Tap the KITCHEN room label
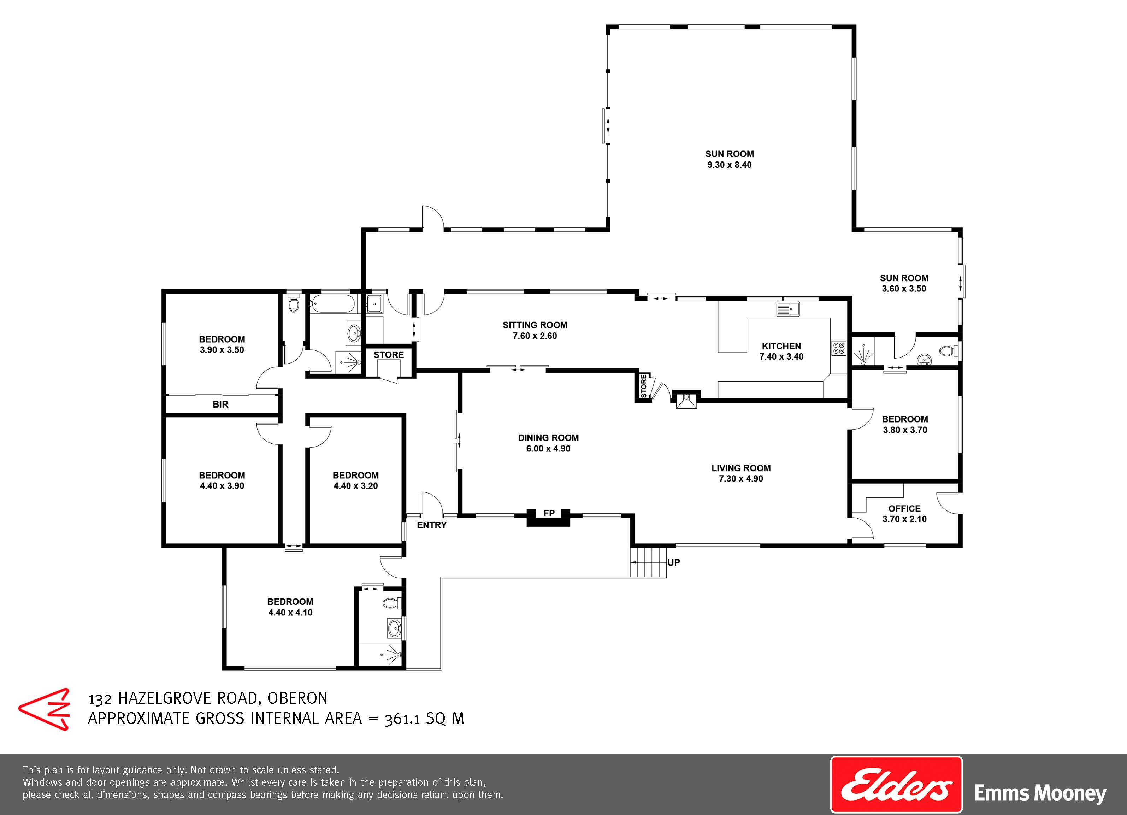(781, 346)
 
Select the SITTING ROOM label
(535, 325)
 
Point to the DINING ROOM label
(548, 438)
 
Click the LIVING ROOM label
(741, 468)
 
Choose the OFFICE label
(904, 508)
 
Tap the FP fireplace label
(549, 513)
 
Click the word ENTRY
(431, 525)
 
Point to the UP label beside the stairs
(674, 562)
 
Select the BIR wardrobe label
(220, 404)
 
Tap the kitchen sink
(788, 309)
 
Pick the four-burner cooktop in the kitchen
(838, 348)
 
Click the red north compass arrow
(44, 709)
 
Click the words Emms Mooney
(1040, 793)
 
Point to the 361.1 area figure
(403, 719)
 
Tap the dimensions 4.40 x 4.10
(290, 613)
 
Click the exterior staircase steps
(648, 562)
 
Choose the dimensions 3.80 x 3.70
(905, 430)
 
